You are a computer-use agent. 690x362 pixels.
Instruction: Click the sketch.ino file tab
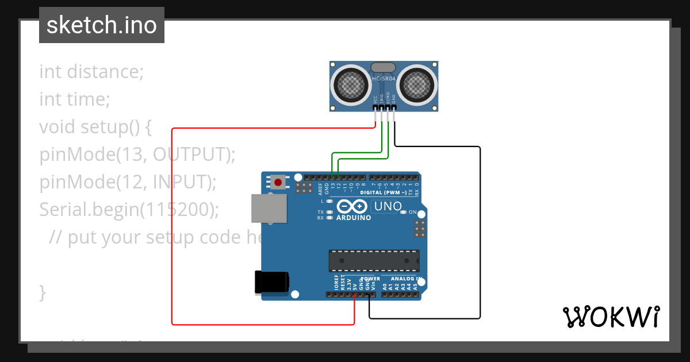click(102, 25)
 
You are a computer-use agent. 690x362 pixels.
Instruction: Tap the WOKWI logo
click(611, 317)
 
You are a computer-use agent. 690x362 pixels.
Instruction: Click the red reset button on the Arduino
click(278, 182)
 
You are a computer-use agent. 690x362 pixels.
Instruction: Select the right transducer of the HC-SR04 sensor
click(416, 86)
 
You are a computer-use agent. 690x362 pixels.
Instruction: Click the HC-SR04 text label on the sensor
click(384, 79)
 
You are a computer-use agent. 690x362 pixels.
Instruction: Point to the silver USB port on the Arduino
click(269, 208)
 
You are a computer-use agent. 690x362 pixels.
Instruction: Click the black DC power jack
click(272, 283)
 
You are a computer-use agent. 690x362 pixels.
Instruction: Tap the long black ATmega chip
click(374, 260)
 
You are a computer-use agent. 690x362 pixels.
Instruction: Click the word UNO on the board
click(388, 206)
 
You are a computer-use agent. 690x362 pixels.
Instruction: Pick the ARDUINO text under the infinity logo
click(354, 218)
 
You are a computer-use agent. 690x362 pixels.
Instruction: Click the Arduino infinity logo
click(352, 206)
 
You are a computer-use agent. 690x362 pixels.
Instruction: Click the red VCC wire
click(172, 230)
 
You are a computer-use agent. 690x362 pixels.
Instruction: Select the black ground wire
click(480, 230)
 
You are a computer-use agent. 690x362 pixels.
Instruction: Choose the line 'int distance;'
click(91, 72)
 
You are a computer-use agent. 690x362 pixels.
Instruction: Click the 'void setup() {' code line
click(95, 127)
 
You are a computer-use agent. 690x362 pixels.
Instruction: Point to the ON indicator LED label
click(412, 212)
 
